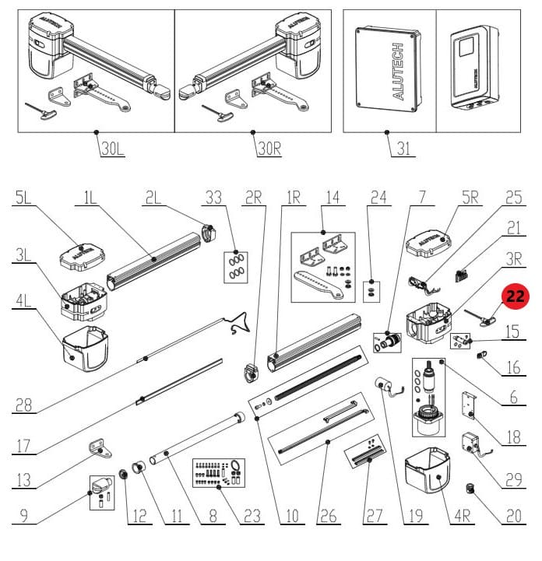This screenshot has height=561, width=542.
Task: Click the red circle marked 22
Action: click(515, 296)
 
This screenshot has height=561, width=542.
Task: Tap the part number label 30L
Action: click(112, 148)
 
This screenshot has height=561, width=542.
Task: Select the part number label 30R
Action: click(268, 148)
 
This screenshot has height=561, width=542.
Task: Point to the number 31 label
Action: click(403, 148)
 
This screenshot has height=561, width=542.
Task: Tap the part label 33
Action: click(213, 199)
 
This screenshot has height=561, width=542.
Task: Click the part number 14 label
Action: click(333, 199)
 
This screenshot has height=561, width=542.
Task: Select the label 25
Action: click(513, 199)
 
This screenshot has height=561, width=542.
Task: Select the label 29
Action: click(513, 480)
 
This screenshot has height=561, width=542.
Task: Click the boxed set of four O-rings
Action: click(234, 266)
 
